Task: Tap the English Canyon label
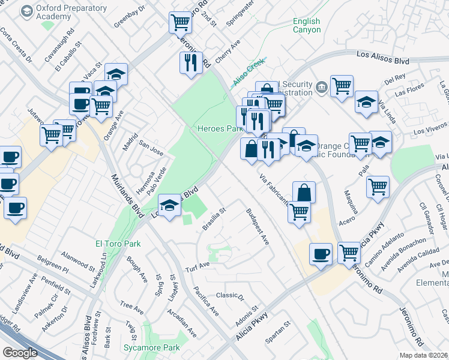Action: pos(307,25)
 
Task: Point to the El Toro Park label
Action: pos(118,244)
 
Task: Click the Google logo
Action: pos(20,353)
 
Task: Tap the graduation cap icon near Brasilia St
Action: pos(170,207)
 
